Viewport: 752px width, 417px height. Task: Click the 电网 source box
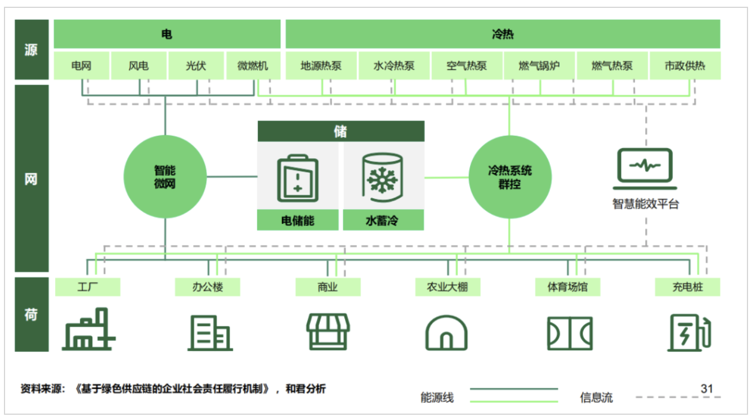(82, 66)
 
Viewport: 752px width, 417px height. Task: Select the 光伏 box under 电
(196, 66)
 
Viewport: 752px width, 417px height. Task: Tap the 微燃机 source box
(253, 66)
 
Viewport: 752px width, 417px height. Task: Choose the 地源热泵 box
(321, 66)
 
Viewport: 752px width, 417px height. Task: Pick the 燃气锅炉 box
(539, 66)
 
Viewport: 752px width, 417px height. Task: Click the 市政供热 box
(684, 66)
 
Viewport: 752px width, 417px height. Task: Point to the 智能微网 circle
(165, 177)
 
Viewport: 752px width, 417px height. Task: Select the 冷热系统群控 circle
(510, 177)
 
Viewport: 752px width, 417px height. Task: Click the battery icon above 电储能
(298, 179)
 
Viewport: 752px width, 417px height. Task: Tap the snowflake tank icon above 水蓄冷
(383, 179)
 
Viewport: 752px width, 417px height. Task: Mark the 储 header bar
(341, 131)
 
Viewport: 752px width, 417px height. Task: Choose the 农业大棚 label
(447, 287)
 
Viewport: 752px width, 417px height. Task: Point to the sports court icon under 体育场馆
(569, 332)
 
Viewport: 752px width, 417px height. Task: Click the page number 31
(707, 388)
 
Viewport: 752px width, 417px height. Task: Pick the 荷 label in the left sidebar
(31, 314)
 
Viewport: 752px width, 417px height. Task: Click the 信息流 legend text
(596, 397)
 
